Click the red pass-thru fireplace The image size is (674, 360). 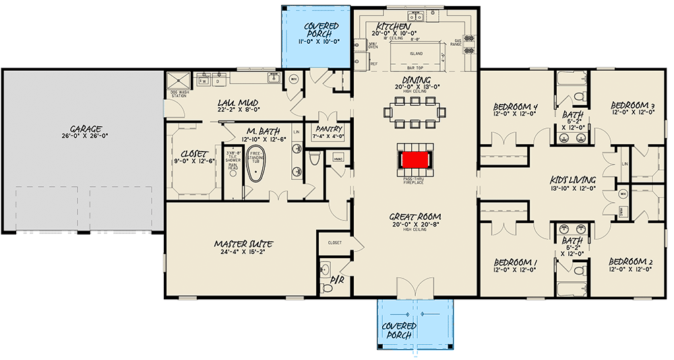pos(415,160)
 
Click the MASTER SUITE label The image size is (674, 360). pos(243,243)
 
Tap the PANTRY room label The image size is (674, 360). pos(328,129)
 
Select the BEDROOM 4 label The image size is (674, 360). pos(515,107)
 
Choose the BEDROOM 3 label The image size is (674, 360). pos(633,105)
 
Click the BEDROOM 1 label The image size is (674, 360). pos(515,262)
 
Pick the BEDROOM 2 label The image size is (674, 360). pos(631,262)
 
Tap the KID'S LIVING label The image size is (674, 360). pos(572,180)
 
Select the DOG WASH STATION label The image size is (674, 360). pos(179,95)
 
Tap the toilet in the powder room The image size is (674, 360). pos(327,288)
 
